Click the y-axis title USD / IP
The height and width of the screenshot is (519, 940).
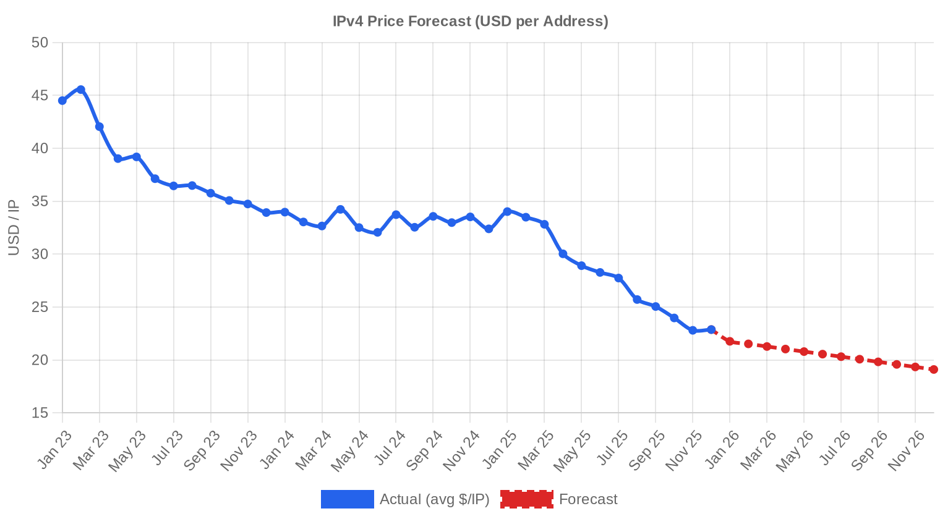click(14, 228)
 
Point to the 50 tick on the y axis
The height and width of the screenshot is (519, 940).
click(40, 43)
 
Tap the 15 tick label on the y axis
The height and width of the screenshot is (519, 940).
click(40, 413)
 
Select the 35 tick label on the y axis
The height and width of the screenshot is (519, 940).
click(40, 201)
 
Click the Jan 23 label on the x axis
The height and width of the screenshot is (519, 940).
click(54, 449)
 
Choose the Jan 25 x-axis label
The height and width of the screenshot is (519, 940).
click(500, 449)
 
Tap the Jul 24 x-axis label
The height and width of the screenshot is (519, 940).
click(390, 448)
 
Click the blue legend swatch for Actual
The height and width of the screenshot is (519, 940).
click(348, 499)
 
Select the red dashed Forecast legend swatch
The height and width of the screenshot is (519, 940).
click(527, 499)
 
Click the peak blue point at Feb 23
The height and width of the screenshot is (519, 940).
click(81, 90)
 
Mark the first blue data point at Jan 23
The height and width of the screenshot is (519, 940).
click(62, 101)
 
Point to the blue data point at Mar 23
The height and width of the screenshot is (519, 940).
click(100, 127)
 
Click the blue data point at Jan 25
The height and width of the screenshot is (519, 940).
click(507, 211)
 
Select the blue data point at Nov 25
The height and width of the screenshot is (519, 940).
click(693, 331)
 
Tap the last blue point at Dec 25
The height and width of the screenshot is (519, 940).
click(711, 329)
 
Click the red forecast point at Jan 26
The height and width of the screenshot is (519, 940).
click(730, 341)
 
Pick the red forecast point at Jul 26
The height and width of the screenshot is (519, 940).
click(841, 357)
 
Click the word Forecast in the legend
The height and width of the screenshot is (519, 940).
click(588, 499)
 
